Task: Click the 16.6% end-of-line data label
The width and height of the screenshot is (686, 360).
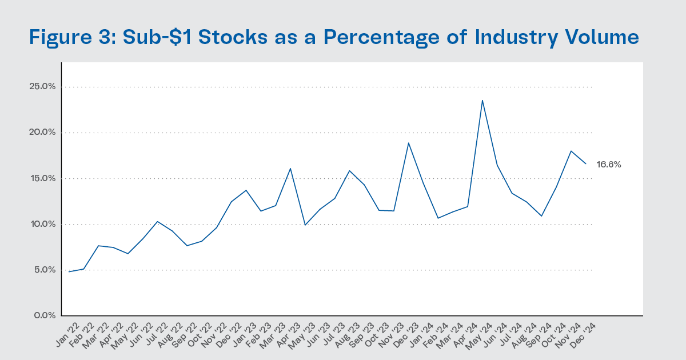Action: [x=608, y=165]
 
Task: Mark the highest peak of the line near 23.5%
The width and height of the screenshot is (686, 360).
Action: [x=482, y=101]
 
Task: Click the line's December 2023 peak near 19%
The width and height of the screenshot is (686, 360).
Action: [x=409, y=143]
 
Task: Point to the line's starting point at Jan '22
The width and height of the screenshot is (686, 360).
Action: [x=69, y=271]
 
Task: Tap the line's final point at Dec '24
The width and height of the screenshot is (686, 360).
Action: [x=585, y=164]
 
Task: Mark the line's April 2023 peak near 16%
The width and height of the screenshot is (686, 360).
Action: [x=290, y=169]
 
